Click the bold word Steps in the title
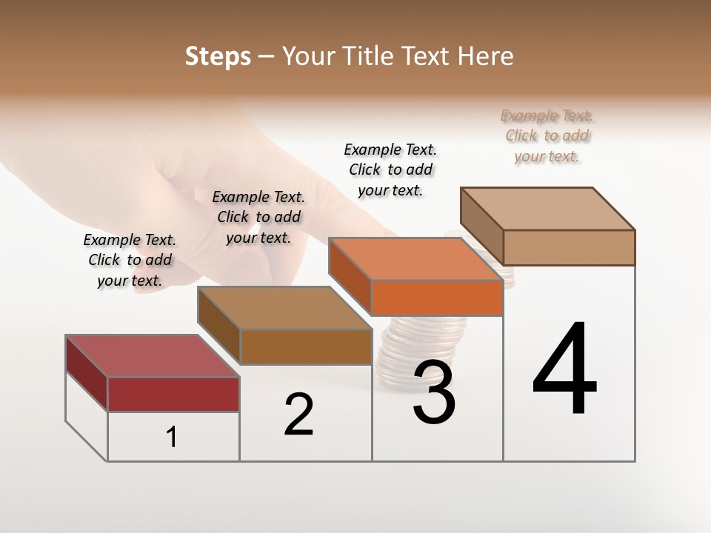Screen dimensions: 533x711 pos(218,56)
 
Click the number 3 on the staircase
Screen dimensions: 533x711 pos(433,392)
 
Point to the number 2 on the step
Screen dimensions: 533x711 pos(298,414)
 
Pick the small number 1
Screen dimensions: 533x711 pos(172,438)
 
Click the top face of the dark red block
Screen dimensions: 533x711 pos(152,356)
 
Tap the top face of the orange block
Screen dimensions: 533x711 pos(415,259)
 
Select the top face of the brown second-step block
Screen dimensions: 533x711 pos(284,308)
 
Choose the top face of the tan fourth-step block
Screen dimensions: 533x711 pos(548,209)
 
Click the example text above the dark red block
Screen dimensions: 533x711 pos(130,260)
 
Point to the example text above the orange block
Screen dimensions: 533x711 pos(390,170)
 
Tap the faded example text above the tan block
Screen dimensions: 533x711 pos(547,135)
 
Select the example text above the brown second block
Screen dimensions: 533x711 pos(258,217)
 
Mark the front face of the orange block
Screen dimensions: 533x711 pos(437,298)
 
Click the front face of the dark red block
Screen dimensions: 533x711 pos(173,394)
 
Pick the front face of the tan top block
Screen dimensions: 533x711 pos(569,247)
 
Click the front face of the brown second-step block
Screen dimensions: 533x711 pos(306,346)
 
